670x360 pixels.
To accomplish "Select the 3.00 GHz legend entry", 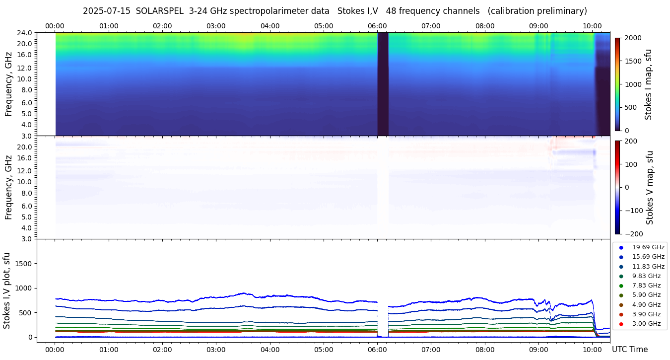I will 646,324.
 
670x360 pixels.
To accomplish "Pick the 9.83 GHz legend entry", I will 646,276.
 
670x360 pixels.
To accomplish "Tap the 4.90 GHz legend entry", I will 646,305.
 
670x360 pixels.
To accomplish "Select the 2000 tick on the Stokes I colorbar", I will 633,38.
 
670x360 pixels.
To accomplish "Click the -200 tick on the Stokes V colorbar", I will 635,234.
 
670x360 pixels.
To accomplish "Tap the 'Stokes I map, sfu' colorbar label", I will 648,84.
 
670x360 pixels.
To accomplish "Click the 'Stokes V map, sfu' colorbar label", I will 650,188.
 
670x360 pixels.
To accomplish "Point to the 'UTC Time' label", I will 629,350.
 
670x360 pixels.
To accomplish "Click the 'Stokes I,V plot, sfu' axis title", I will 7,290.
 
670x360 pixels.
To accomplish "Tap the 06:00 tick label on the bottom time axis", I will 377,350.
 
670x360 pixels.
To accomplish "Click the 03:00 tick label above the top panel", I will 216,26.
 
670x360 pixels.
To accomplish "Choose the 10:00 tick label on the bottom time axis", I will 592,350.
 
